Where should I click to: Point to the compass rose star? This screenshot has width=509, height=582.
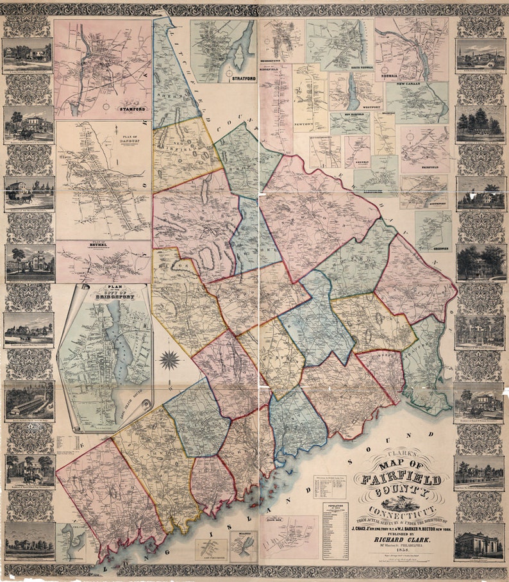(x=169, y=360)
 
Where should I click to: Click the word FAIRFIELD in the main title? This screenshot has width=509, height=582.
(x=402, y=479)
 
